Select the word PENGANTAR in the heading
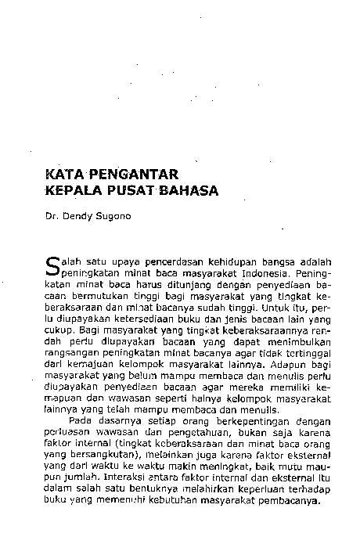tap(135, 175)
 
